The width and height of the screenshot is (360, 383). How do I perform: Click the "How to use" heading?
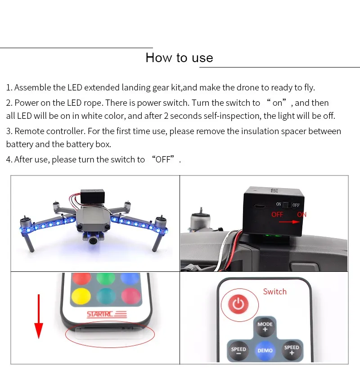179,58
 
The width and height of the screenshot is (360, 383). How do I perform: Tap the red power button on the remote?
238,304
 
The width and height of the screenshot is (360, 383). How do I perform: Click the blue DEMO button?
265,351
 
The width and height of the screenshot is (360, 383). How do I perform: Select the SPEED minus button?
238,351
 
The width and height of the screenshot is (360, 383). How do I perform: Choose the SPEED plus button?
292,350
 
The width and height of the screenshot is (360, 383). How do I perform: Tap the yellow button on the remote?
81,296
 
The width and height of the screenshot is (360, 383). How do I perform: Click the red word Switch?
275,292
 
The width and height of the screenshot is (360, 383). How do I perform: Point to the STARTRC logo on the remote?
107,314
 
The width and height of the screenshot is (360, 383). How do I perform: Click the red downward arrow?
39,316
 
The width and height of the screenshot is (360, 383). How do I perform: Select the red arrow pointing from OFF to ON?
289,222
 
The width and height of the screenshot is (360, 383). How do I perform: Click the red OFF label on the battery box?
277,215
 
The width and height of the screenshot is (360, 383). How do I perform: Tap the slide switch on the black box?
285,205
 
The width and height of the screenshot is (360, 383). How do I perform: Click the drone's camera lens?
93,241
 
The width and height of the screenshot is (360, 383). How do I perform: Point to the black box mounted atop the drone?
93,196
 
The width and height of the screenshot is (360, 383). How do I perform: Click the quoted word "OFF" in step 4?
163,159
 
